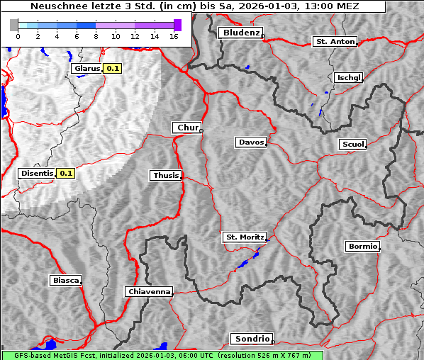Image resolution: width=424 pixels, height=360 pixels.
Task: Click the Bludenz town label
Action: tap(240, 33)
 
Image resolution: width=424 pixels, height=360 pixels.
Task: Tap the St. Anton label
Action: tap(334, 42)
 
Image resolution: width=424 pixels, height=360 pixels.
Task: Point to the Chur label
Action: tap(187, 128)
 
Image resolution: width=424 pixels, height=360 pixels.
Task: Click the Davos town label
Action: tap(250, 142)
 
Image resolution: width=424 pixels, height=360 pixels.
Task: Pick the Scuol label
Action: tap(352, 144)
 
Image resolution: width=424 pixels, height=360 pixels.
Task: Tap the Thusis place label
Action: tap(165, 175)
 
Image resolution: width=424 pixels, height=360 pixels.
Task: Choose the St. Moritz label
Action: tap(244, 237)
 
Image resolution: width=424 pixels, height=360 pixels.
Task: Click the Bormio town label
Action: tap(362, 247)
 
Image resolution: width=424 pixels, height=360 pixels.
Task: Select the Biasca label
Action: tap(65, 280)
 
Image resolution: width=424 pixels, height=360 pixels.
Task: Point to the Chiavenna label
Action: tap(148, 291)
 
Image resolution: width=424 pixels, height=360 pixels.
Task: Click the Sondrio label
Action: tap(250, 339)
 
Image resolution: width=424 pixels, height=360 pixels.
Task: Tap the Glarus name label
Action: tap(86, 69)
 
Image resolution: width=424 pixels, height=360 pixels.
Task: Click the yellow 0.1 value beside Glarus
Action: tap(113, 69)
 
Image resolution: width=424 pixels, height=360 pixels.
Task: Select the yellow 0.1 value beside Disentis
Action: tap(66, 173)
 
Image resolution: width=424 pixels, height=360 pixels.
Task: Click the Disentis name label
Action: tap(37, 173)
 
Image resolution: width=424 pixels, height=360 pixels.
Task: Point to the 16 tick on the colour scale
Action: tap(173, 35)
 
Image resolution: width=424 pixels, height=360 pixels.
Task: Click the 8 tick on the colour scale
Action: tap(95, 35)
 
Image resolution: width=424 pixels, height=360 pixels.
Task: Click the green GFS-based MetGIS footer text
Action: tap(162, 355)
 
